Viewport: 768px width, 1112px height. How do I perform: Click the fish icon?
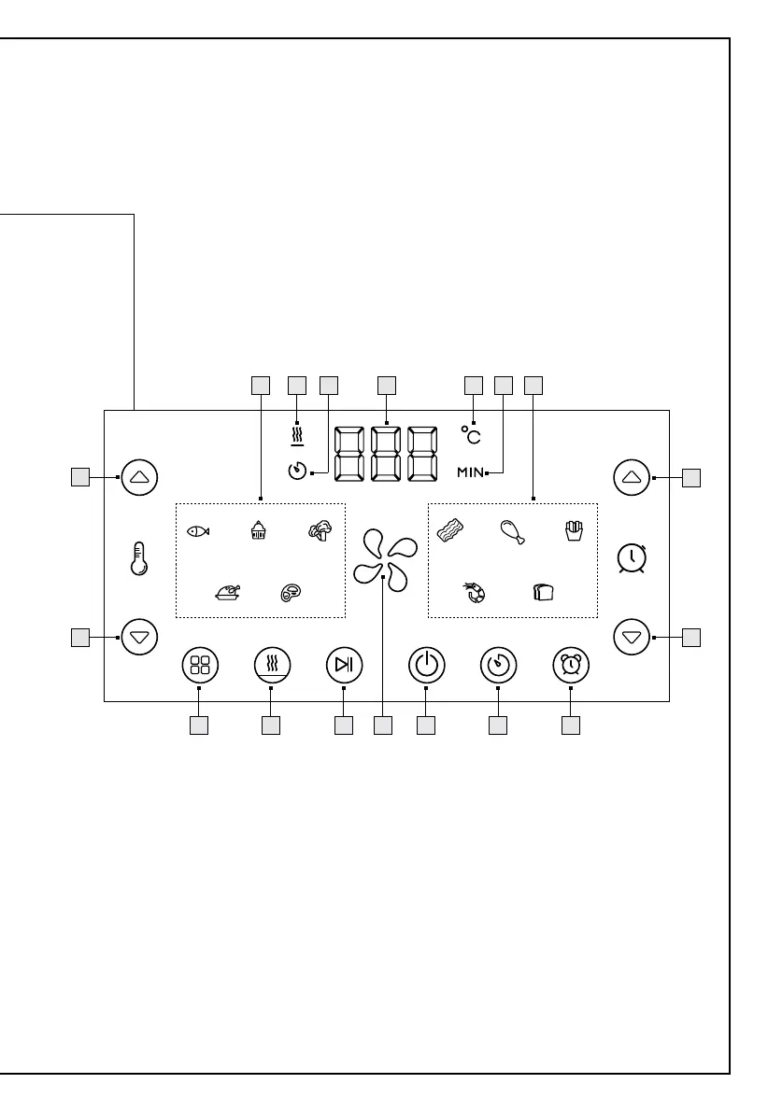[198, 531]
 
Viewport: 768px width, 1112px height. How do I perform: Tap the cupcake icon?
[259, 531]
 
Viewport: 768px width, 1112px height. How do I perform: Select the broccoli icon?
[320, 531]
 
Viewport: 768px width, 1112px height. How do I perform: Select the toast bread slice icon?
[543, 593]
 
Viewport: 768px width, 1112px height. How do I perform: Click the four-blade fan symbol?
[383, 560]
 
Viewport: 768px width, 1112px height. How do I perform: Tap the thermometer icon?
[139, 558]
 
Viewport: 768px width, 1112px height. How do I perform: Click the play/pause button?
[344, 665]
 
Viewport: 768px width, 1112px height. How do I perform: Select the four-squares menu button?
[199, 665]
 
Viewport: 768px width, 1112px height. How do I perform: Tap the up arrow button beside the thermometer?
[139, 476]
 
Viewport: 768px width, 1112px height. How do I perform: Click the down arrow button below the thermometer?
[139, 638]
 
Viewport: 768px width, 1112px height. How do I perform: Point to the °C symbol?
[472, 436]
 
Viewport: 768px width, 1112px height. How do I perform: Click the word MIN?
[470, 473]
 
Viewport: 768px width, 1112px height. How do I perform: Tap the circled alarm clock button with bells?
[570, 665]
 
